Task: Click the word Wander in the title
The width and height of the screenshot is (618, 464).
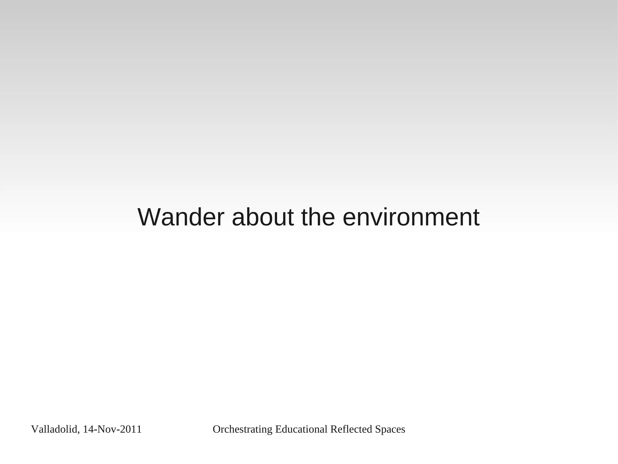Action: tap(181, 217)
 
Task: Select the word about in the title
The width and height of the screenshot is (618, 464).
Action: tap(263, 217)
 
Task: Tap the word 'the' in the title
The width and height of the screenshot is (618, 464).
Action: tap(318, 217)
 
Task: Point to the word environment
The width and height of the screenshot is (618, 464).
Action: tap(411, 217)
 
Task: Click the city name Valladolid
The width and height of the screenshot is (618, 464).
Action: tap(55, 429)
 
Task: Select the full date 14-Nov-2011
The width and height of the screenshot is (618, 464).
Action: tap(112, 429)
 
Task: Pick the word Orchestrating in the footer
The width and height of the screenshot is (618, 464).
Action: tap(243, 429)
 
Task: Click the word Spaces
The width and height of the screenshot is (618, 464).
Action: tap(390, 429)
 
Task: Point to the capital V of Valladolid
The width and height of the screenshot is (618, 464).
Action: tap(34, 429)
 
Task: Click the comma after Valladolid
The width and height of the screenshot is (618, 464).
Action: tap(79, 432)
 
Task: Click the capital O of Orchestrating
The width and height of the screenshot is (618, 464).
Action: tap(216, 429)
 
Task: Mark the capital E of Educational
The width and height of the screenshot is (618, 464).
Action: tap(278, 429)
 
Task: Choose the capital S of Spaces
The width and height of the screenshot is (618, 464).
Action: tap(377, 429)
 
